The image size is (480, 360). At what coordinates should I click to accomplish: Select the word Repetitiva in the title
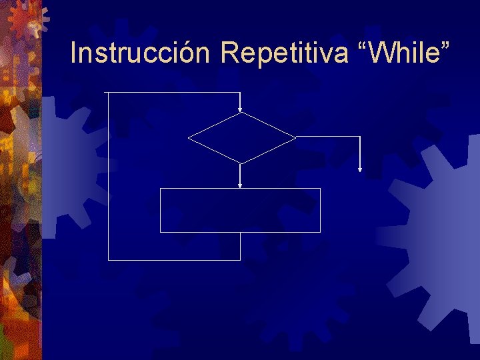pyautogui.click(x=285, y=53)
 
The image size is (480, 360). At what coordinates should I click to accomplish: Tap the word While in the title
pyautogui.click(x=406, y=53)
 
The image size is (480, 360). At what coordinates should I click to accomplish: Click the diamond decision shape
pyautogui.click(x=241, y=138)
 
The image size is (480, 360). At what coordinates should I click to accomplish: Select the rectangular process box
pyautogui.click(x=240, y=210)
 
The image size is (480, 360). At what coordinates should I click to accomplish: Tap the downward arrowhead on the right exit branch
pyautogui.click(x=360, y=169)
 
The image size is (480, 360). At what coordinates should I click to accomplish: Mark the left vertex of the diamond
pyautogui.click(x=189, y=138)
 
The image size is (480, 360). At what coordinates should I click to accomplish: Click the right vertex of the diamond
pyautogui.click(x=295, y=137)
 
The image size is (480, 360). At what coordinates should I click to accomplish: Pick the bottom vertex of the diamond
pyautogui.click(x=240, y=163)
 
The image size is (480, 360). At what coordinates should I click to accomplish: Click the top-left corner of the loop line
pyautogui.click(x=107, y=92)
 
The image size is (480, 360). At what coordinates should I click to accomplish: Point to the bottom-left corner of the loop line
pyautogui.click(x=107, y=259)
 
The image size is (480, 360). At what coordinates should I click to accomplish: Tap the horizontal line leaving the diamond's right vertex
pyautogui.click(x=328, y=137)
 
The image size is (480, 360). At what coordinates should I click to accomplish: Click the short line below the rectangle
pyautogui.click(x=240, y=246)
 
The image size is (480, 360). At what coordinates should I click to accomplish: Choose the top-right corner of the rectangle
pyautogui.click(x=320, y=189)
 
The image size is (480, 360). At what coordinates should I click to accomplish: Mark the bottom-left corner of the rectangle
pyautogui.click(x=161, y=232)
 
